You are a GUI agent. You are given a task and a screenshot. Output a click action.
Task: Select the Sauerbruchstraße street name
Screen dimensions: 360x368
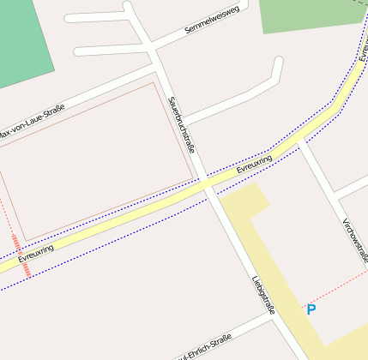pos(182,124)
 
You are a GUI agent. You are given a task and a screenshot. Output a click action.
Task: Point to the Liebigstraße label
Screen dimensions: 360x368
pos(262,294)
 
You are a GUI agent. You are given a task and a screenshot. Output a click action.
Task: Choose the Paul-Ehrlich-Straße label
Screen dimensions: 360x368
pos(204,350)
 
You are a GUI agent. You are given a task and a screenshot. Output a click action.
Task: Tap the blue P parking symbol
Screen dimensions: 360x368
pos(311,309)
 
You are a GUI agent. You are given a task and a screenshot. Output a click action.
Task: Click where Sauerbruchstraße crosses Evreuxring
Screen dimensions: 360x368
pos(206,184)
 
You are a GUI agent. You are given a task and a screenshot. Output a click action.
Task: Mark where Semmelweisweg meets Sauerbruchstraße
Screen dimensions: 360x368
pos(154,51)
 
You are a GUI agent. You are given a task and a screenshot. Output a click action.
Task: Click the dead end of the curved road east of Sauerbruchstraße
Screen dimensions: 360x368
pos(278,61)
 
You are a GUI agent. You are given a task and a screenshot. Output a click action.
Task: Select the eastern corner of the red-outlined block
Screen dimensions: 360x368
pos(194,179)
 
